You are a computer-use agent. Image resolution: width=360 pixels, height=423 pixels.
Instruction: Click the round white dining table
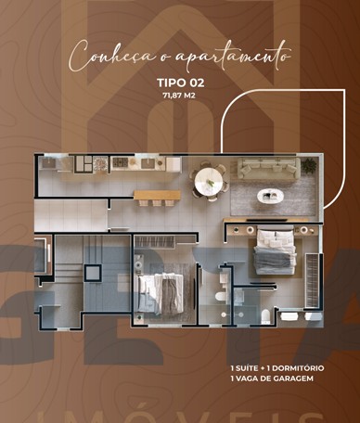pos(209,182)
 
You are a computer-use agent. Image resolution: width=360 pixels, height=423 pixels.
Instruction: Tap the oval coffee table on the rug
pos(271,196)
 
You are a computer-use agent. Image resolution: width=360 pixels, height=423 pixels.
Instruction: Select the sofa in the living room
pos(269,169)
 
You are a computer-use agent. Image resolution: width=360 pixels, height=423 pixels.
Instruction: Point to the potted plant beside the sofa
pos(309,166)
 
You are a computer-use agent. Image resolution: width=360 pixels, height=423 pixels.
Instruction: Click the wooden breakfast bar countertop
pos(157,195)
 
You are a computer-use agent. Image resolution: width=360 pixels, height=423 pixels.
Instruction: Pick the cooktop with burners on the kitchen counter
pos(120,162)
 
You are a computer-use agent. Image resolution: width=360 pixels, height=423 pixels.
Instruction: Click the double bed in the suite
pos(276,252)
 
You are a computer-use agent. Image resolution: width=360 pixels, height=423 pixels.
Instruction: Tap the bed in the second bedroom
pos(161,293)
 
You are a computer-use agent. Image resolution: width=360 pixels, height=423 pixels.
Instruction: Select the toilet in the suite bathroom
pos(266,316)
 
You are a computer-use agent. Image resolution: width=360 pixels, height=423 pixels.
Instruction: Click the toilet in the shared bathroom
pos(221,296)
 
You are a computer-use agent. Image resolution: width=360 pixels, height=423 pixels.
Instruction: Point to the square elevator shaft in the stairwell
pos(93,273)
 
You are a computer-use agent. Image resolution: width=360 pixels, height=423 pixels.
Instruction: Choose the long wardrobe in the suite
pos(313,280)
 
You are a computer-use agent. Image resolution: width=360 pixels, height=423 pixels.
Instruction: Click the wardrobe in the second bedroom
pos(155,242)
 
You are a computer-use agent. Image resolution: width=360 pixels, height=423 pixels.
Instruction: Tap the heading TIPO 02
pos(181,83)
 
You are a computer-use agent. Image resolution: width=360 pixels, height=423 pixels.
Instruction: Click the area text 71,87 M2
pos(179,96)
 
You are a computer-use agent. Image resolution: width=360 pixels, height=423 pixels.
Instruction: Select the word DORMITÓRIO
pos(298,368)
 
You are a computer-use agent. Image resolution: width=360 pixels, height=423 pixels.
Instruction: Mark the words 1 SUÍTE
pos(245,368)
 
